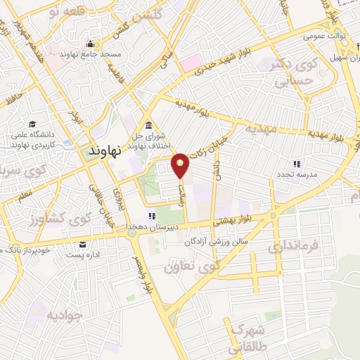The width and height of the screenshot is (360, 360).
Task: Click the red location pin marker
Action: point(181,165)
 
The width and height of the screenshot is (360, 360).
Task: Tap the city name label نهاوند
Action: point(107,150)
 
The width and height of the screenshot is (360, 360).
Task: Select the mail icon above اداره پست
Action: point(83,244)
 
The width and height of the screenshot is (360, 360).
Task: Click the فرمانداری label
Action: point(294,247)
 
